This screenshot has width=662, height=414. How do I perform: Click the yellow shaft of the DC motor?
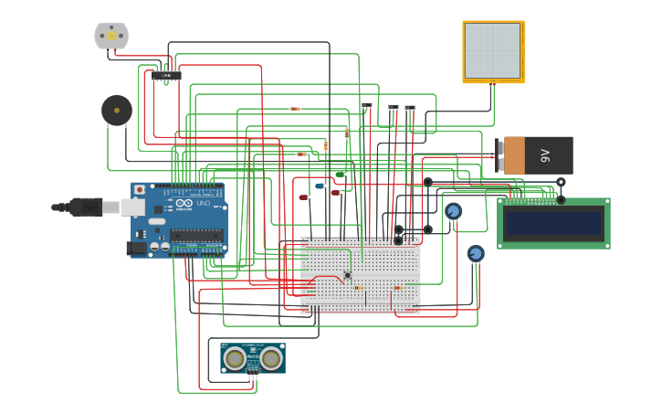(x=111, y=36)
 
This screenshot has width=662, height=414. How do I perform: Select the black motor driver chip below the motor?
(x=166, y=75)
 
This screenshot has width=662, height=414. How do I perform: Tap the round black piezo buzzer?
(x=116, y=111)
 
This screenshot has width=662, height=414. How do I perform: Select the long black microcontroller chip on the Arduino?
(x=196, y=235)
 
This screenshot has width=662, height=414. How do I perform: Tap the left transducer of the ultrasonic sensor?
(x=236, y=358)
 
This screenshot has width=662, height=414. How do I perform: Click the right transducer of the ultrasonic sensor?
(x=270, y=358)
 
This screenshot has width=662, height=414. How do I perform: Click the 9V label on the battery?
(x=544, y=155)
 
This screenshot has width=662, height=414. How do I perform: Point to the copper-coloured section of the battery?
(x=514, y=155)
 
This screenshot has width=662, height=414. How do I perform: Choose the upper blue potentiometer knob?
(x=453, y=212)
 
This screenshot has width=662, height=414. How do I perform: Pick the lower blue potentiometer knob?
(x=476, y=253)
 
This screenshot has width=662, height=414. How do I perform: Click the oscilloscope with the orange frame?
(x=493, y=51)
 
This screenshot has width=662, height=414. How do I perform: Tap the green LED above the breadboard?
(x=340, y=174)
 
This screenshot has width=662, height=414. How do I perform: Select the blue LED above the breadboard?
(x=320, y=186)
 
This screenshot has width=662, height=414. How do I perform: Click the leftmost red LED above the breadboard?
(x=303, y=196)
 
